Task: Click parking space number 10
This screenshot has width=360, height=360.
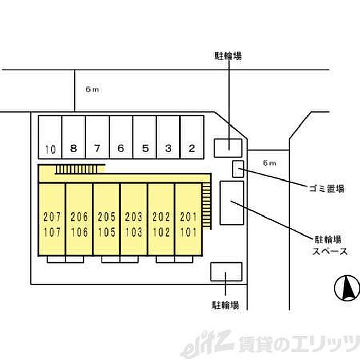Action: click(50, 137)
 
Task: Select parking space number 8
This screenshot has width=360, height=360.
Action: click(74, 137)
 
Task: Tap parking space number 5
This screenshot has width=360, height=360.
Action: click(145, 137)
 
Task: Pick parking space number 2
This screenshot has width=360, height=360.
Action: click(192, 137)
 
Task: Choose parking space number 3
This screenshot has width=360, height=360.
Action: click(168, 137)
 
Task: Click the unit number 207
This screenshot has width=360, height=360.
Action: click(52, 217)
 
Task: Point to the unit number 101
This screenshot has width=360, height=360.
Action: click(188, 232)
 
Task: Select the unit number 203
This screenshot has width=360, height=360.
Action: click(134, 217)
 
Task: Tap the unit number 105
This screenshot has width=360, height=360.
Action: click(106, 232)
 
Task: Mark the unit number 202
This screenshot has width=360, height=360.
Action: click(161, 217)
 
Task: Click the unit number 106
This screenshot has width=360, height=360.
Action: click(79, 232)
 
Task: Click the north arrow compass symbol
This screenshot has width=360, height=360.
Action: click(347, 288)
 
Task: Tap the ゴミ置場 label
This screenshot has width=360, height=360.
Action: click(326, 189)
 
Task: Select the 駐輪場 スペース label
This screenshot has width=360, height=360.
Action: click(330, 245)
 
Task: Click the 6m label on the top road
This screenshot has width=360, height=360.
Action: click(92, 89)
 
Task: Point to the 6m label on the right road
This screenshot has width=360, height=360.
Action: click(269, 163)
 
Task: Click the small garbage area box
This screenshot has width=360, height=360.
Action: click(238, 169)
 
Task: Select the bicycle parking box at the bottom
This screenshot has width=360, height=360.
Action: click(226, 272)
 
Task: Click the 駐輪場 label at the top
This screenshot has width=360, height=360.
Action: click(228, 56)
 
